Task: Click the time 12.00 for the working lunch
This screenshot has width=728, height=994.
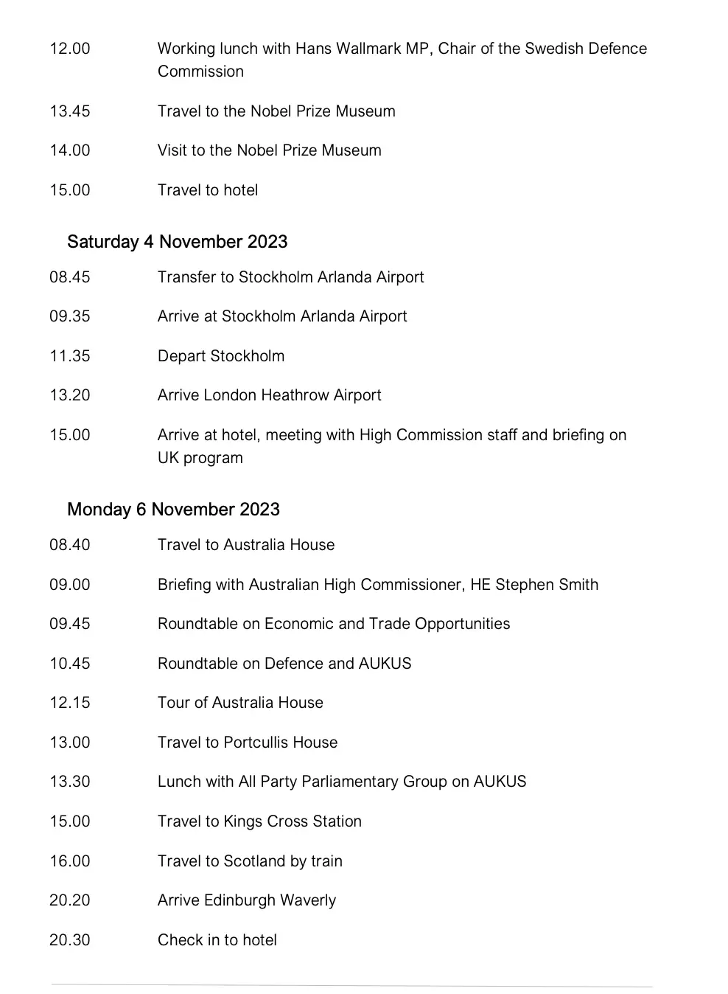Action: point(70,49)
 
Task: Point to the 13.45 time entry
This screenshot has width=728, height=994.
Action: point(70,111)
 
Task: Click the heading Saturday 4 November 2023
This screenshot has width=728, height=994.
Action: point(177,242)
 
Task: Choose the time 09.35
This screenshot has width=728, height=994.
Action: point(70,316)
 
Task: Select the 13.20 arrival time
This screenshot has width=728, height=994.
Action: point(70,395)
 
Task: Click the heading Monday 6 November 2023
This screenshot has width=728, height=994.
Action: point(173,510)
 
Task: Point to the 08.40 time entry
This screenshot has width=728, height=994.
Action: point(70,545)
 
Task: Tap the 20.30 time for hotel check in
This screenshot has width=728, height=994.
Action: point(70,940)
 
